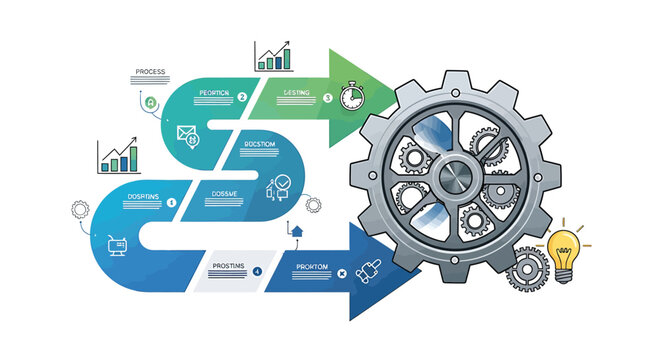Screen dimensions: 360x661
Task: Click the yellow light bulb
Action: pyautogui.click(x=566, y=244)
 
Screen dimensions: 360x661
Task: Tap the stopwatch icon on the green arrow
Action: pyautogui.click(x=352, y=96)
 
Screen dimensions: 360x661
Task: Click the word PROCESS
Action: pyautogui.click(x=149, y=73)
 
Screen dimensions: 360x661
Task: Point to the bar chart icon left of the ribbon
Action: pyautogui.click(x=118, y=156)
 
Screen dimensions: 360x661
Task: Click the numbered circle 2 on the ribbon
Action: pyautogui.click(x=242, y=97)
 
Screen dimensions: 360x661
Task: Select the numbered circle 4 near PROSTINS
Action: pyautogui.click(x=257, y=271)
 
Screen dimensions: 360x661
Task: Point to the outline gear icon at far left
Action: pyautogui.click(x=81, y=210)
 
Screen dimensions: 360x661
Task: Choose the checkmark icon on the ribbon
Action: pyautogui.click(x=281, y=184)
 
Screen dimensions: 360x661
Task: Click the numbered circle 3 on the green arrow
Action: pyautogui.click(x=328, y=98)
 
